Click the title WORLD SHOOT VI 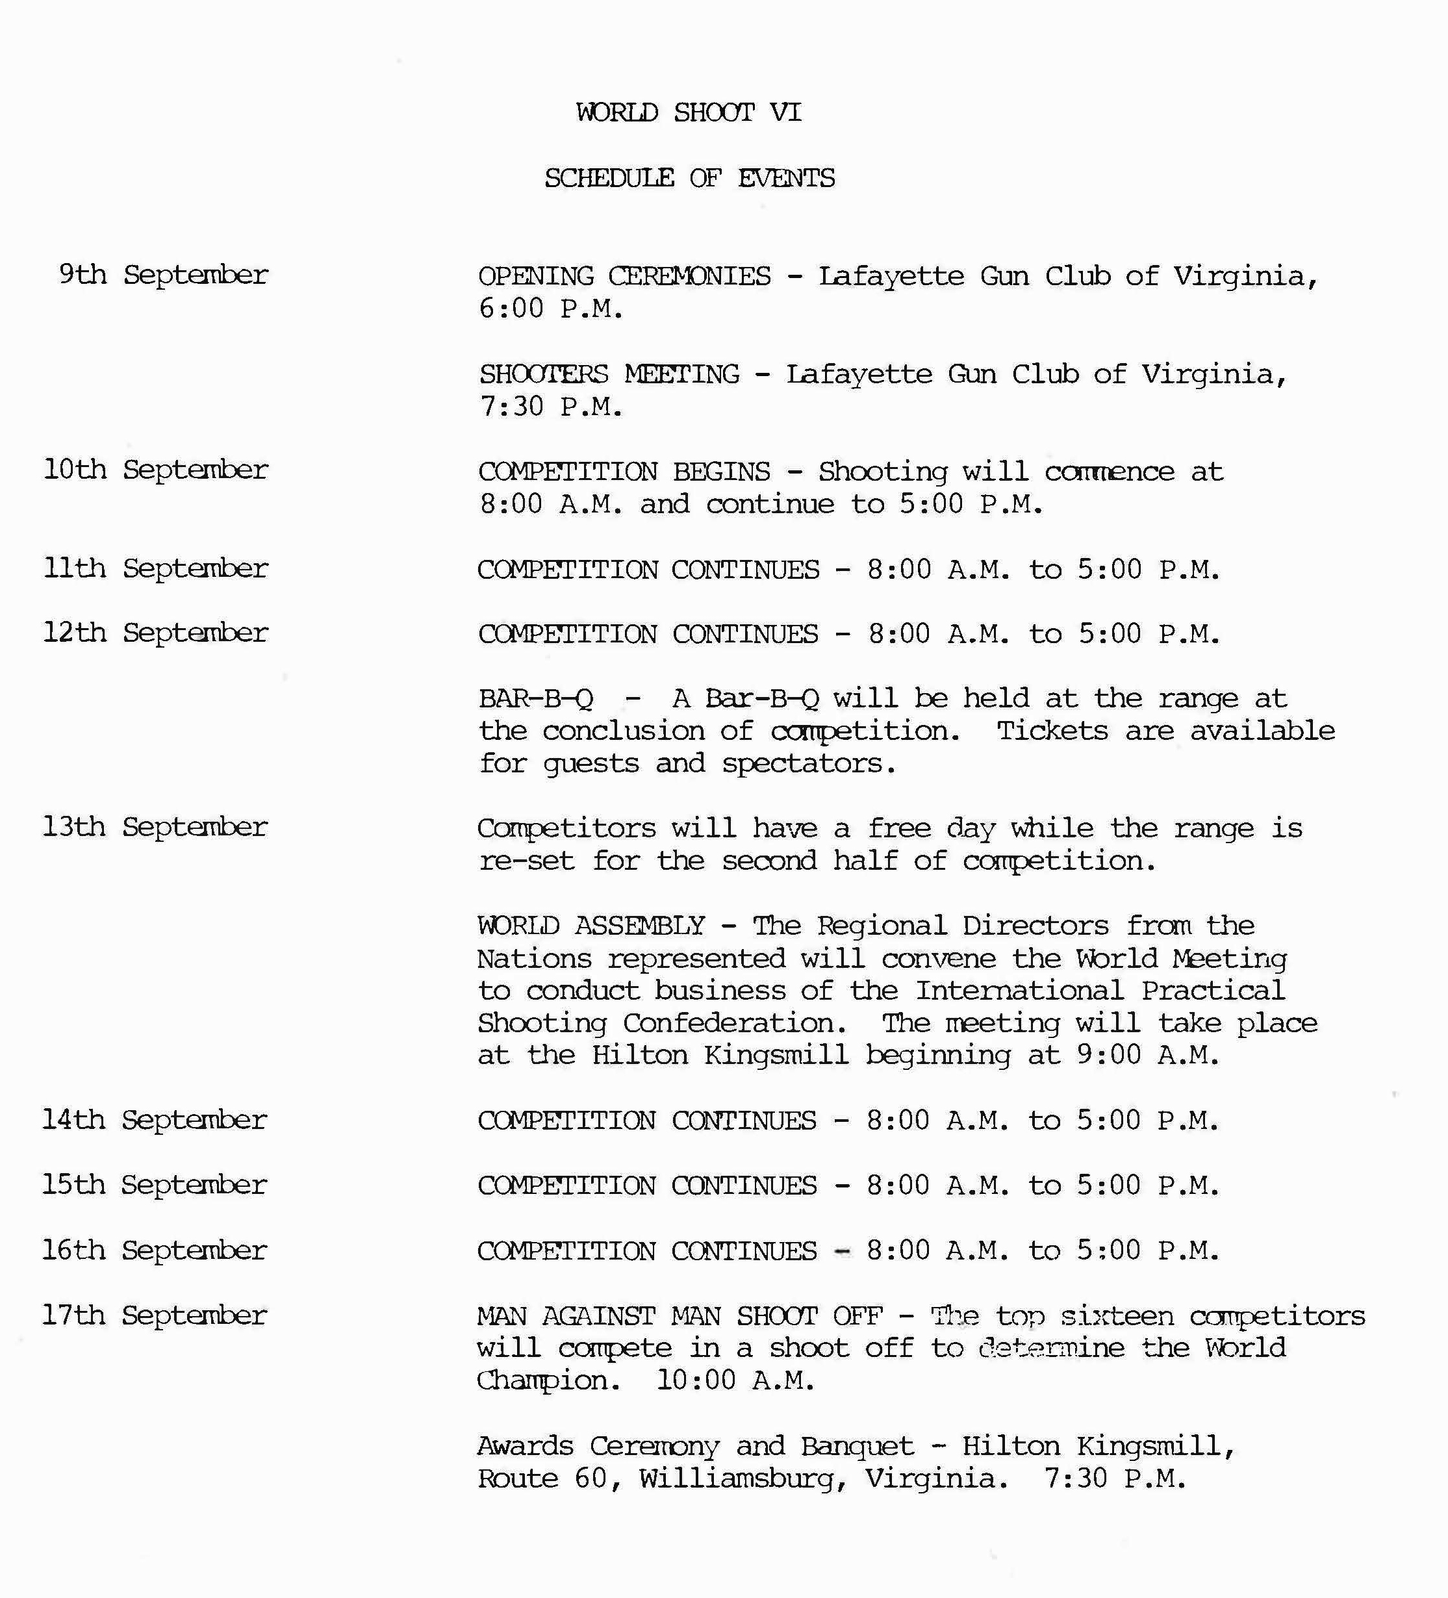click(689, 112)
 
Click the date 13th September click(155, 827)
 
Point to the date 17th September click(155, 1315)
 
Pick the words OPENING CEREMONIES click(624, 276)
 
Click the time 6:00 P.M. click(551, 309)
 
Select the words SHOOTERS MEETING click(609, 374)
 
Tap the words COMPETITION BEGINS click(624, 472)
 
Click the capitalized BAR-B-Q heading click(536, 698)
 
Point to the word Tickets click(1052, 731)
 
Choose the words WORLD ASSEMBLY click(591, 925)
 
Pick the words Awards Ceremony click(598, 1446)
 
